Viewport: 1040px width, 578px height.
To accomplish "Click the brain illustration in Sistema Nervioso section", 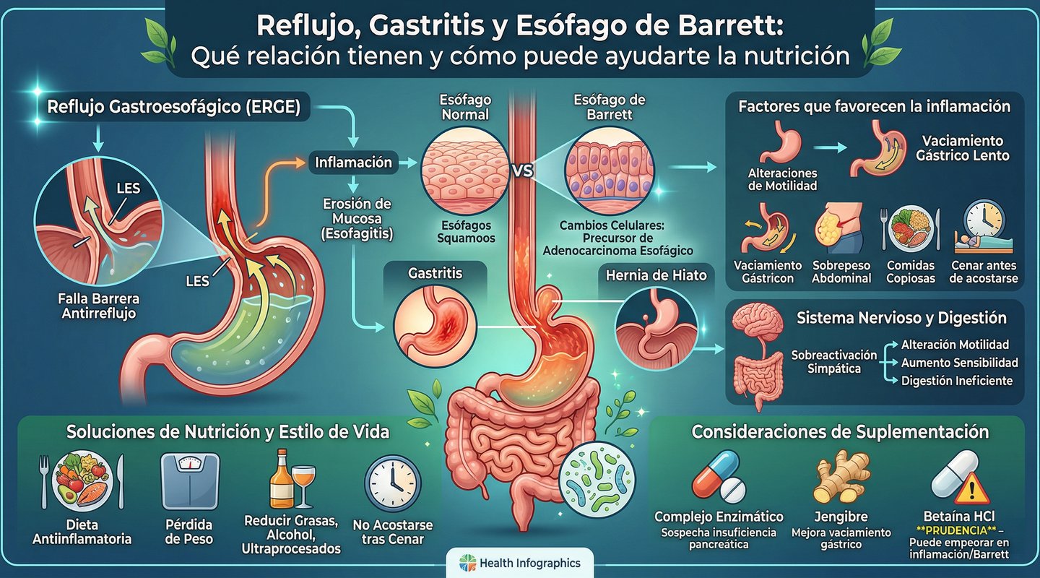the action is coord(757,324).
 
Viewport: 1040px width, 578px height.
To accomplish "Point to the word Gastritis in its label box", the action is coord(435,274).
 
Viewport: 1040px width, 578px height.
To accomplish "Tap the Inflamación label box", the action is coord(353,163).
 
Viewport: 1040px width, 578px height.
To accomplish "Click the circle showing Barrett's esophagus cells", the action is coord(610,168).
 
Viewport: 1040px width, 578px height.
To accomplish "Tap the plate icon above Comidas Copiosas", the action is coord(908,229).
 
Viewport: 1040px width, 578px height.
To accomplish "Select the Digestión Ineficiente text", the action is coord(957,381).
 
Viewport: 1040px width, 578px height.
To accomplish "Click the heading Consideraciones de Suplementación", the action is coord(840,432).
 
